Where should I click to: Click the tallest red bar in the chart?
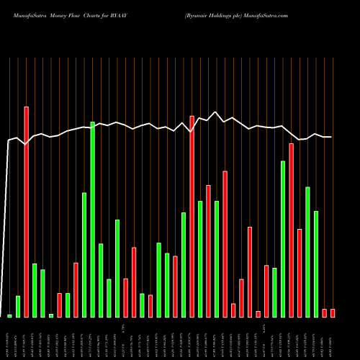coord(26,212)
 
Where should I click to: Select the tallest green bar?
coord(92,220)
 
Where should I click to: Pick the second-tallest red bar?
coord(192,216)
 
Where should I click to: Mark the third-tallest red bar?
coord(291,230)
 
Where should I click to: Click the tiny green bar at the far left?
coord(9,315)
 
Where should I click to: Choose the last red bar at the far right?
coord(333,312)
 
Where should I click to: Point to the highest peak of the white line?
coord(215,112)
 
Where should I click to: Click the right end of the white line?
coord(330,137)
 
